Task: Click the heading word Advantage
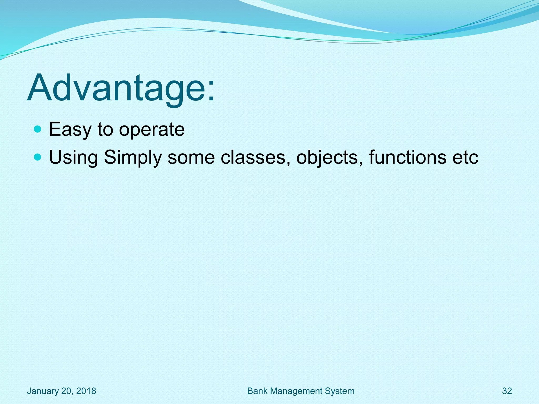[116, 88]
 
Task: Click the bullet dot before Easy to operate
[38, 129]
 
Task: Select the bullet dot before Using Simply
[38, 157]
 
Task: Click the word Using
[73, 158]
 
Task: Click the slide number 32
[507, 391]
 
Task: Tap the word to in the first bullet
[105, 130]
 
